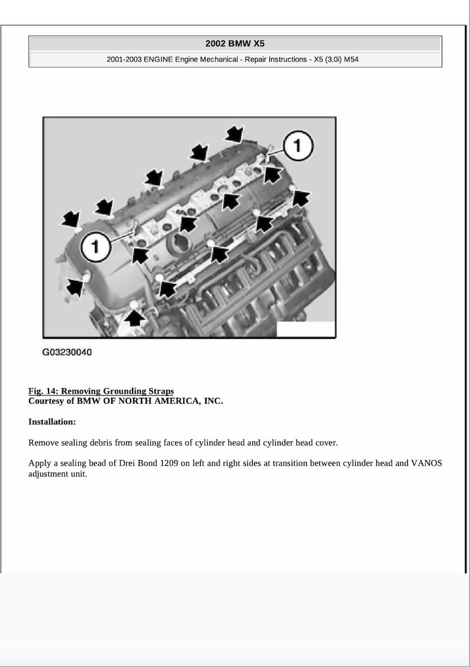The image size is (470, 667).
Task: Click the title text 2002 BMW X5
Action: point(235,43)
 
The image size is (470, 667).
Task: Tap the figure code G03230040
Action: point(67,352)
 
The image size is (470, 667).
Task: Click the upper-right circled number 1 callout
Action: point(298,146)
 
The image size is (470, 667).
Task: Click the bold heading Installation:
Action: point(52,422)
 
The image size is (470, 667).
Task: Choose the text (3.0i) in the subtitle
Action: point(326,60)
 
